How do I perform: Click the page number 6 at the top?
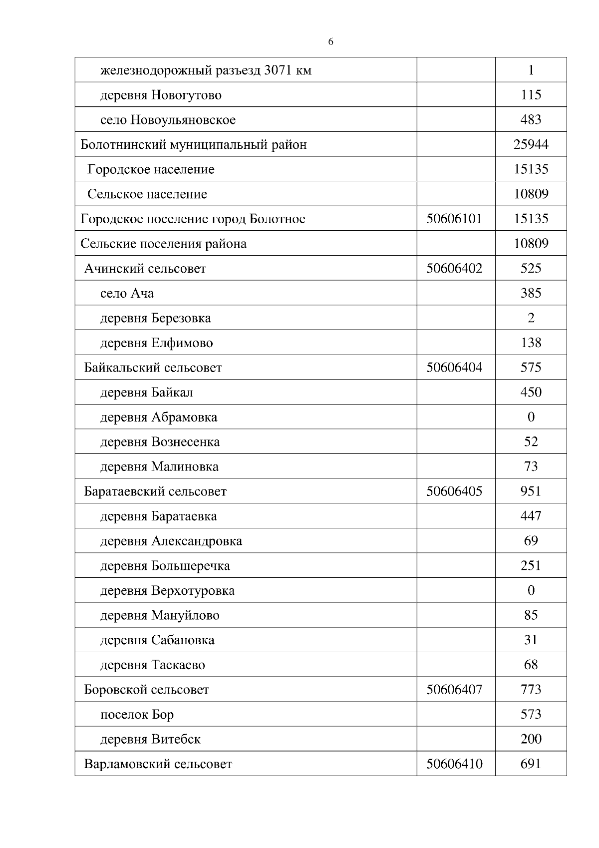pos(330,42)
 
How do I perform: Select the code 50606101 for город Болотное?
pos(454,219)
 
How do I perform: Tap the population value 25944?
pos(531,144)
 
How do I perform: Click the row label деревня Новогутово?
pos(161,95)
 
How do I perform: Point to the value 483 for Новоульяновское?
pos(531,120)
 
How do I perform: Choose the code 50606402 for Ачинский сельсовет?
pos(454,268)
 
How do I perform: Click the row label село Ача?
pos(127,293)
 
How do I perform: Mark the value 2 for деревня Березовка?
pos(531,318)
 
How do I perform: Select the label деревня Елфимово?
pos(156,343)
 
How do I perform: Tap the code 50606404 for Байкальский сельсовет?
pos(454,368)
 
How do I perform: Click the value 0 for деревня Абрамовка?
pos(531,417)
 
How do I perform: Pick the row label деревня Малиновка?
pos(159,466)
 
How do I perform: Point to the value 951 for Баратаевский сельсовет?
pos(531,491)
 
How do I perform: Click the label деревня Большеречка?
pos(165,566)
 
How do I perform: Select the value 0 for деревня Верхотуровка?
pos(531,590)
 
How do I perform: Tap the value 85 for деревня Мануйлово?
pos(531,615)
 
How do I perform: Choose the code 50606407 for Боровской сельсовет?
pos(454,690)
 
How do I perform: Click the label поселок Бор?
pos(137,714)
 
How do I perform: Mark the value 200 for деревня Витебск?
pos(531,739)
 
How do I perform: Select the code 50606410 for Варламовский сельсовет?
pos(454,764)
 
